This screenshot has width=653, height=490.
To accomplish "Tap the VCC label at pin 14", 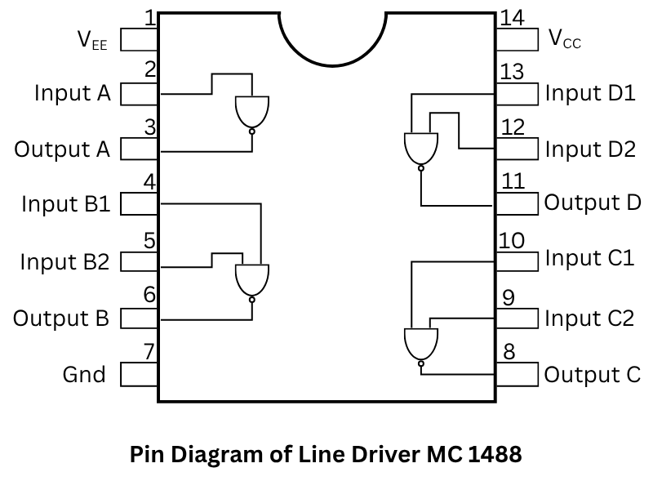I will [x=565, y=38].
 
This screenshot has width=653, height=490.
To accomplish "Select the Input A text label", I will [x=72, y=93].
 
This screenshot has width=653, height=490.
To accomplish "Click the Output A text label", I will [x=62, y=149].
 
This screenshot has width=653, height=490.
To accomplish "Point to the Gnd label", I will [x=84, y=375].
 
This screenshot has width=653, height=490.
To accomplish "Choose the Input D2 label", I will [x=589, y=149].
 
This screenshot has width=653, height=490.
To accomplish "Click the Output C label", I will [x=593, y=375].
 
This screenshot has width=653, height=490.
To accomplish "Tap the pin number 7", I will [x=149, y=352].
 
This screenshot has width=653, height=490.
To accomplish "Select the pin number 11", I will [x=512, y=180].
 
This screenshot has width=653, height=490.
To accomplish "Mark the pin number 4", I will [x=149, y=181].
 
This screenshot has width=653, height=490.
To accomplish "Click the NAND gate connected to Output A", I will [x=251, y=113].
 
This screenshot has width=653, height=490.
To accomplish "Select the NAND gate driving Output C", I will [x=420, y=344].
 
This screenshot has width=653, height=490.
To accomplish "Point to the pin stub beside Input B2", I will [x=139, y=262].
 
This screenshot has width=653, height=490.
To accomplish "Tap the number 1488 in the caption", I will [x=495, y=455].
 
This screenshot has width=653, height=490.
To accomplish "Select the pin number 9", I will [x=509, y=297].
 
